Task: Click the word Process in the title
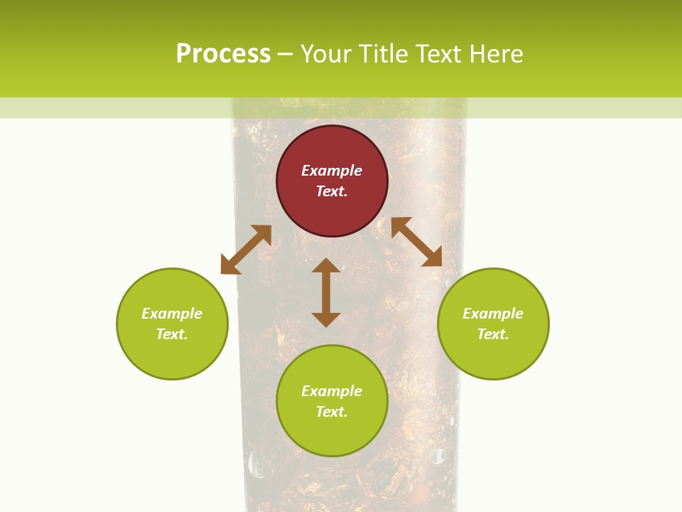223,54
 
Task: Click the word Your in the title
326,54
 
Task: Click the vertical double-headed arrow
326,292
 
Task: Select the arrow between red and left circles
246,250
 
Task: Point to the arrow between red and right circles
416,242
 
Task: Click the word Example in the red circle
332,171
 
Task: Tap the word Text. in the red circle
332,191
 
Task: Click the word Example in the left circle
172,314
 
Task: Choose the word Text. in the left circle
172,334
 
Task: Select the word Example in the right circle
493,314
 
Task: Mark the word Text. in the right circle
493,334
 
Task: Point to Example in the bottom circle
332,391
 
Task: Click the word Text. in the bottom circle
332,412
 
